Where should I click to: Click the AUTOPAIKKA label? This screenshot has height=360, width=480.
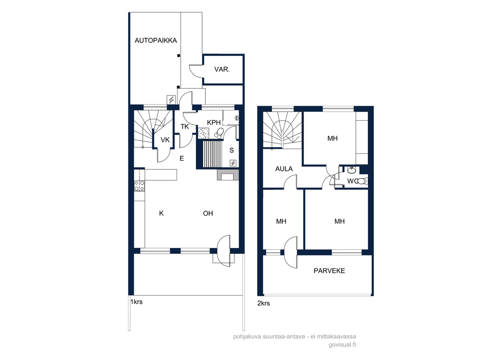coord(155,40)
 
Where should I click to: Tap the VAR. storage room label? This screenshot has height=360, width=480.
coord(222,69)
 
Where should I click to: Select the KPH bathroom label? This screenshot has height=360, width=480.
coord(214,123)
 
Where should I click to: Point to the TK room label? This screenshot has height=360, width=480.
coord(185,126)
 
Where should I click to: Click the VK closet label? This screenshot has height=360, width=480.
coord(165,140)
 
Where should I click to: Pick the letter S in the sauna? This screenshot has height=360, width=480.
coord(231,150)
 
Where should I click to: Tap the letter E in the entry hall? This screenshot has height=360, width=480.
coord(182,158)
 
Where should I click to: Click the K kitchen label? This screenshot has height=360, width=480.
coord(161,213)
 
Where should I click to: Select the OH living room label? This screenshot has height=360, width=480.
coord(208,213)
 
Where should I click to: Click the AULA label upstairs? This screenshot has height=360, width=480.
coord(284,169)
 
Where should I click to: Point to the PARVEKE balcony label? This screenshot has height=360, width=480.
coord(330,271)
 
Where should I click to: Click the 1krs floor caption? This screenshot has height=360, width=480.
coord(136,302)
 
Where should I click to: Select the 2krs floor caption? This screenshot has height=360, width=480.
coord(263,303)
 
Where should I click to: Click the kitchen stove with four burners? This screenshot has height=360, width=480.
coord(140,186)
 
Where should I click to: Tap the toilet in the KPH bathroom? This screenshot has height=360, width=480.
coord(219,132)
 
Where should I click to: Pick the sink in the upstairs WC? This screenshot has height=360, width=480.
coord(351,170)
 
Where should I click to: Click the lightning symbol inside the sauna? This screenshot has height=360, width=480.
coord(233,163)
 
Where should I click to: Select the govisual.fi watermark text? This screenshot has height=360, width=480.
coord(342,345)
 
